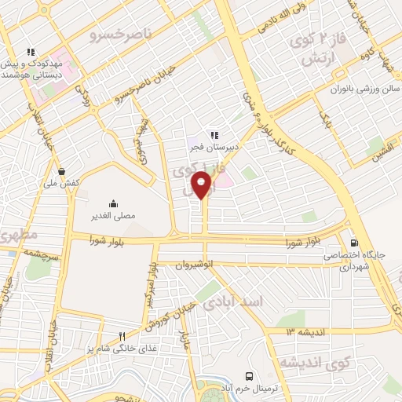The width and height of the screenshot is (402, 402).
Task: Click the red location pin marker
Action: [x=202, y=186]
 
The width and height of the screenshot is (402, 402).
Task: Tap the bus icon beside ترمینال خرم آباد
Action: [x=250, y=376]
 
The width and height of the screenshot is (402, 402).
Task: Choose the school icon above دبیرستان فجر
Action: [x=213, y=134]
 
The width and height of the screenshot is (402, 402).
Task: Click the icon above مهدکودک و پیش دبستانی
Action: [x=29, y=53]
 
